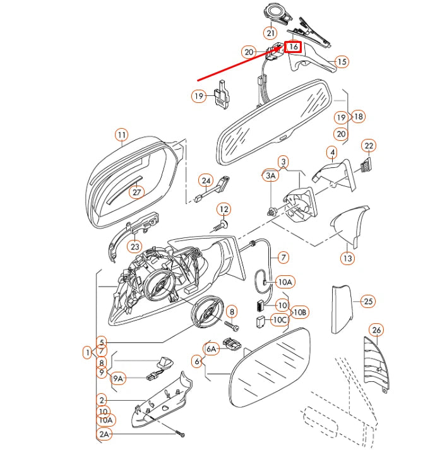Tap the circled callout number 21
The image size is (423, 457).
tap(270, 33)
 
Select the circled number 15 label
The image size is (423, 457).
tap(342, 62)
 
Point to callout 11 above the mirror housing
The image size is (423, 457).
tap(121, 134)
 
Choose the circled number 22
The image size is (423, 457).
tap(369, 146)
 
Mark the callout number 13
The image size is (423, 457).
tap(348, 258)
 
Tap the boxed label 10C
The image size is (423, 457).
tap(280, 320)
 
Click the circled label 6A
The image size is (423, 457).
tap(211, 347)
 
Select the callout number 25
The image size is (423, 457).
tap(369, 301)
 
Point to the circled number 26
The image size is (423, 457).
tap(376, 329)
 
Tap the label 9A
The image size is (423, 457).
tap(119, 379)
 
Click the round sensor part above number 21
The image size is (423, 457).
tap(275, 11)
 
